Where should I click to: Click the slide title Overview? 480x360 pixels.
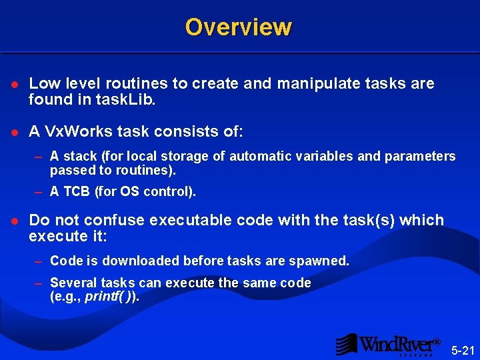238,27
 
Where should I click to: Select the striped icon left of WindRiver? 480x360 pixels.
345,344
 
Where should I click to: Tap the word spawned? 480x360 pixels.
323,261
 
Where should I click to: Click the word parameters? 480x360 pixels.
421,157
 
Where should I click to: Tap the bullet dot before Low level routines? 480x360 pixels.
16,85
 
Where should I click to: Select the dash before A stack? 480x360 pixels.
39,157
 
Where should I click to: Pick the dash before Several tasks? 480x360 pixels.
39,283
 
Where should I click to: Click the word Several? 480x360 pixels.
71,283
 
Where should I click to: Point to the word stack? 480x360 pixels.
80,157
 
